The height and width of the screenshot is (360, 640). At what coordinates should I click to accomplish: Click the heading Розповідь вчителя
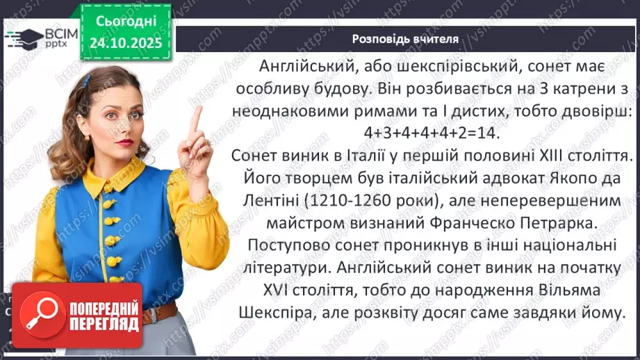pyautogui.click(x=404, y=39)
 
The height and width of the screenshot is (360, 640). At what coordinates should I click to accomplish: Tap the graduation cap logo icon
pyautogui.click(x=22, y=38)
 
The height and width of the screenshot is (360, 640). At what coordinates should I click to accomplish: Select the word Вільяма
pyautogui.click(x=573, y=291)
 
